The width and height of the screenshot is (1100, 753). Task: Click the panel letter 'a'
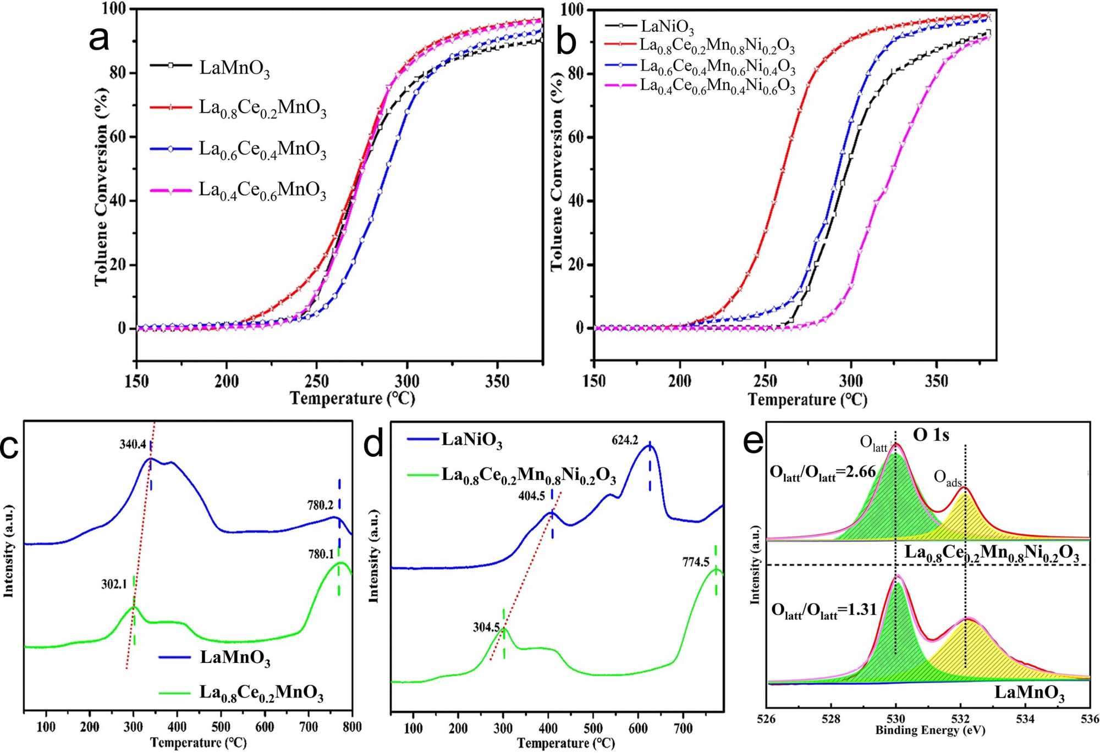click(x=99, y=40)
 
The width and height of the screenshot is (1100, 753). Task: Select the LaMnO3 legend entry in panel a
click(x=234, y=68)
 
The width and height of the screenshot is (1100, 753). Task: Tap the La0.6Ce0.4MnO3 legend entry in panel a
click(x=262, y=150)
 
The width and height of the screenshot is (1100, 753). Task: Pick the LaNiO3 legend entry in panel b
click(x=667, y=26)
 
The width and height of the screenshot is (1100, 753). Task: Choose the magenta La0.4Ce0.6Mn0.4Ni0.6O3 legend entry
click(x=717, y=86)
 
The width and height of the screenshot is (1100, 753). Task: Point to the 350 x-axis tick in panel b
click(x=936, y=381)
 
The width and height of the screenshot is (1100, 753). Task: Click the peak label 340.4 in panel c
click(x=133, y=444)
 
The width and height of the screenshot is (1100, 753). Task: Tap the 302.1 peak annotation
click(x=114, y=584)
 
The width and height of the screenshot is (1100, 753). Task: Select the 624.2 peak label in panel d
click(x=625, y=440)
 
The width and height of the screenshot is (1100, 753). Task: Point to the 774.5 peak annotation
click(x=696, y=562)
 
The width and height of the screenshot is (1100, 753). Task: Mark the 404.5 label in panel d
click(x=531, y=496)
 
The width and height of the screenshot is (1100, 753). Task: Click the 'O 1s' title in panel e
click(x=931, y=435)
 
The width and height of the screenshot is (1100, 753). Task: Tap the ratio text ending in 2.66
click(x=823, y=473)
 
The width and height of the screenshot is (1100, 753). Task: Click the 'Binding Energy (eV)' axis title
click(x=930, y=730)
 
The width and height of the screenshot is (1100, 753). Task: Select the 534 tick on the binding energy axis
click(x=1025, y=719)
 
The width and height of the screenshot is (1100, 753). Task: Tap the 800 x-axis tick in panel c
click(x=352, y=727)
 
